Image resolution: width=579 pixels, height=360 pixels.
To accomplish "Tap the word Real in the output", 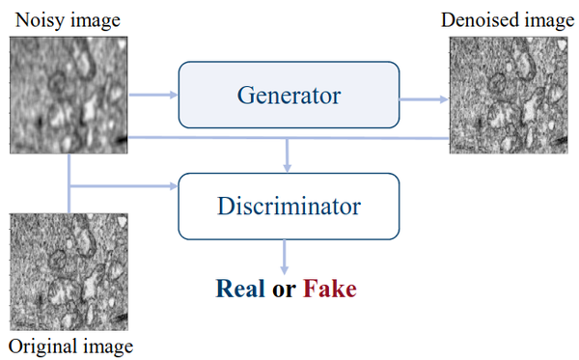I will [x=242, y=289].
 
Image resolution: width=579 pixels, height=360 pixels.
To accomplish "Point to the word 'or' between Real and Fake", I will [x=286, y=290].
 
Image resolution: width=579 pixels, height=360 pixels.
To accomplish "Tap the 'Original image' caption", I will [x=69, y=346].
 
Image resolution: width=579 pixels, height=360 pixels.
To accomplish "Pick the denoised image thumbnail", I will [x=511, y=93].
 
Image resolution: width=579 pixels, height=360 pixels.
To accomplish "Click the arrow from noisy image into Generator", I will [x=153, y=95].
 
